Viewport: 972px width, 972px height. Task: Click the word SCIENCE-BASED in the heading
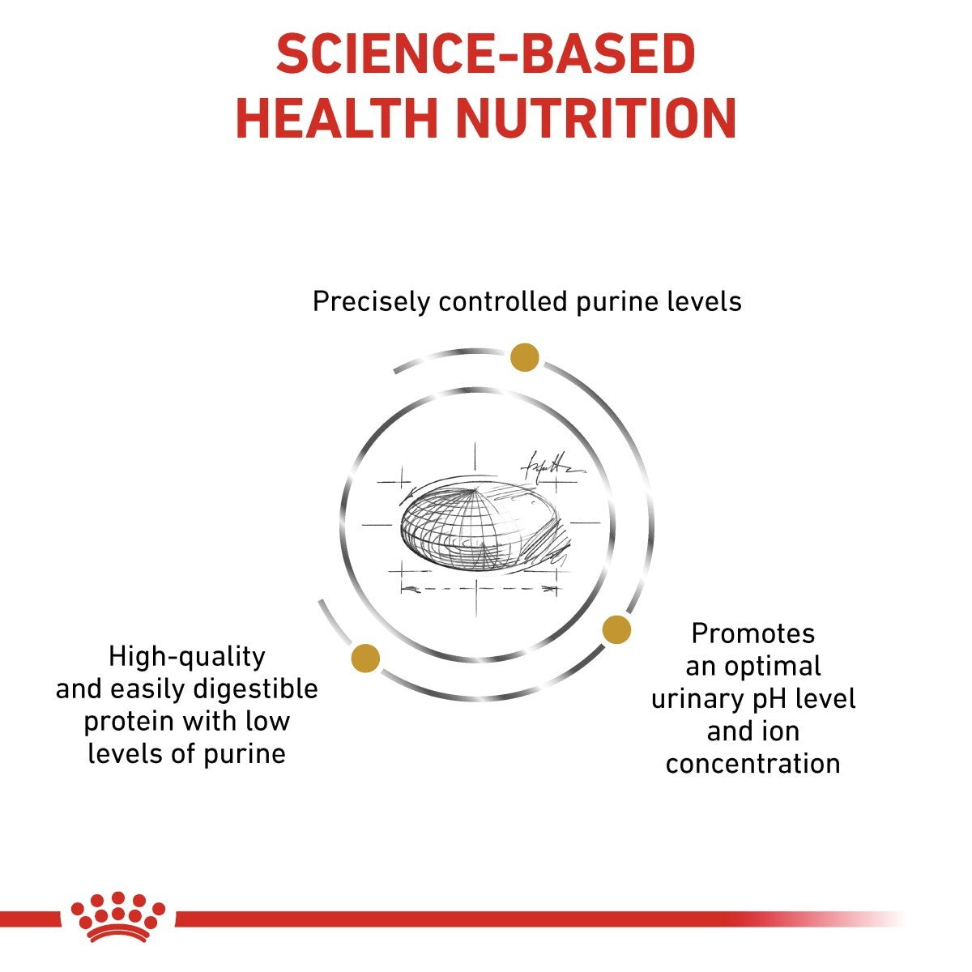pos(485,55)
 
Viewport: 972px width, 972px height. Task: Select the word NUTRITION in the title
pos(595,118)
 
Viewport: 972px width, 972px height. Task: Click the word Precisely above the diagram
pos(371,302)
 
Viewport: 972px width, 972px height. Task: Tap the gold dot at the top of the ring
pos(525,356)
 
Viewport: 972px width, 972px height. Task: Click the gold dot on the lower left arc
pos(365,658)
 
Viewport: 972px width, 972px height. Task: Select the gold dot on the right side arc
pos(616,629)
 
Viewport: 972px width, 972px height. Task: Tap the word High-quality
pos(186,656)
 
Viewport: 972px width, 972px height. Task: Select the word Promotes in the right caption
pos(753,633)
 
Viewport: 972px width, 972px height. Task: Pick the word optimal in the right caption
pos(772,666)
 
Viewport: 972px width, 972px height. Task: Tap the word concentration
pos(753,764)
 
